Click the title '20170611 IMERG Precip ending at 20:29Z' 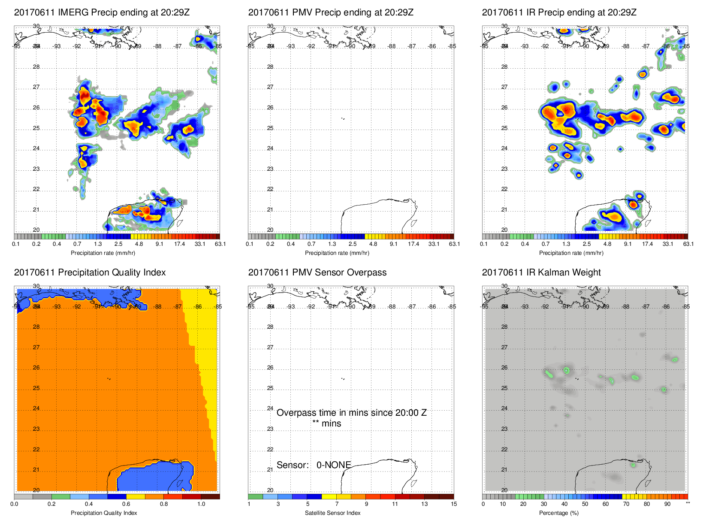pos(102,12)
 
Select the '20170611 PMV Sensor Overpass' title pos(317,272)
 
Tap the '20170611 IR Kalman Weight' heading pos(541,272)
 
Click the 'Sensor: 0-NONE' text pos(314,465)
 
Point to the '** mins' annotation pos(326,423)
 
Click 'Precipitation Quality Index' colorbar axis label pos(104,513)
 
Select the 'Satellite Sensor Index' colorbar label pos(332,513)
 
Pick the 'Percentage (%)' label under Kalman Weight pos(558,513)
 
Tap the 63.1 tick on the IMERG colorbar pos(220,244)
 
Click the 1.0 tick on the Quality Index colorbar pos(201,504)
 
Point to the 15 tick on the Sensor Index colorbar pos(454,504)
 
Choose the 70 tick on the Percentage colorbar pos(626,504)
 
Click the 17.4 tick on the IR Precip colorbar pos(647,244)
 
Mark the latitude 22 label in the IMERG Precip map pos(36,189)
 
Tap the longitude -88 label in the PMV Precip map pos(392,46)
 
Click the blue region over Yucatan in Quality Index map pos(150,476)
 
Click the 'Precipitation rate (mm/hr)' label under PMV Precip pos(337,253)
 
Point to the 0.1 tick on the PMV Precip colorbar pos(250,244)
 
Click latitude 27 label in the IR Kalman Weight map pos(504,347)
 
